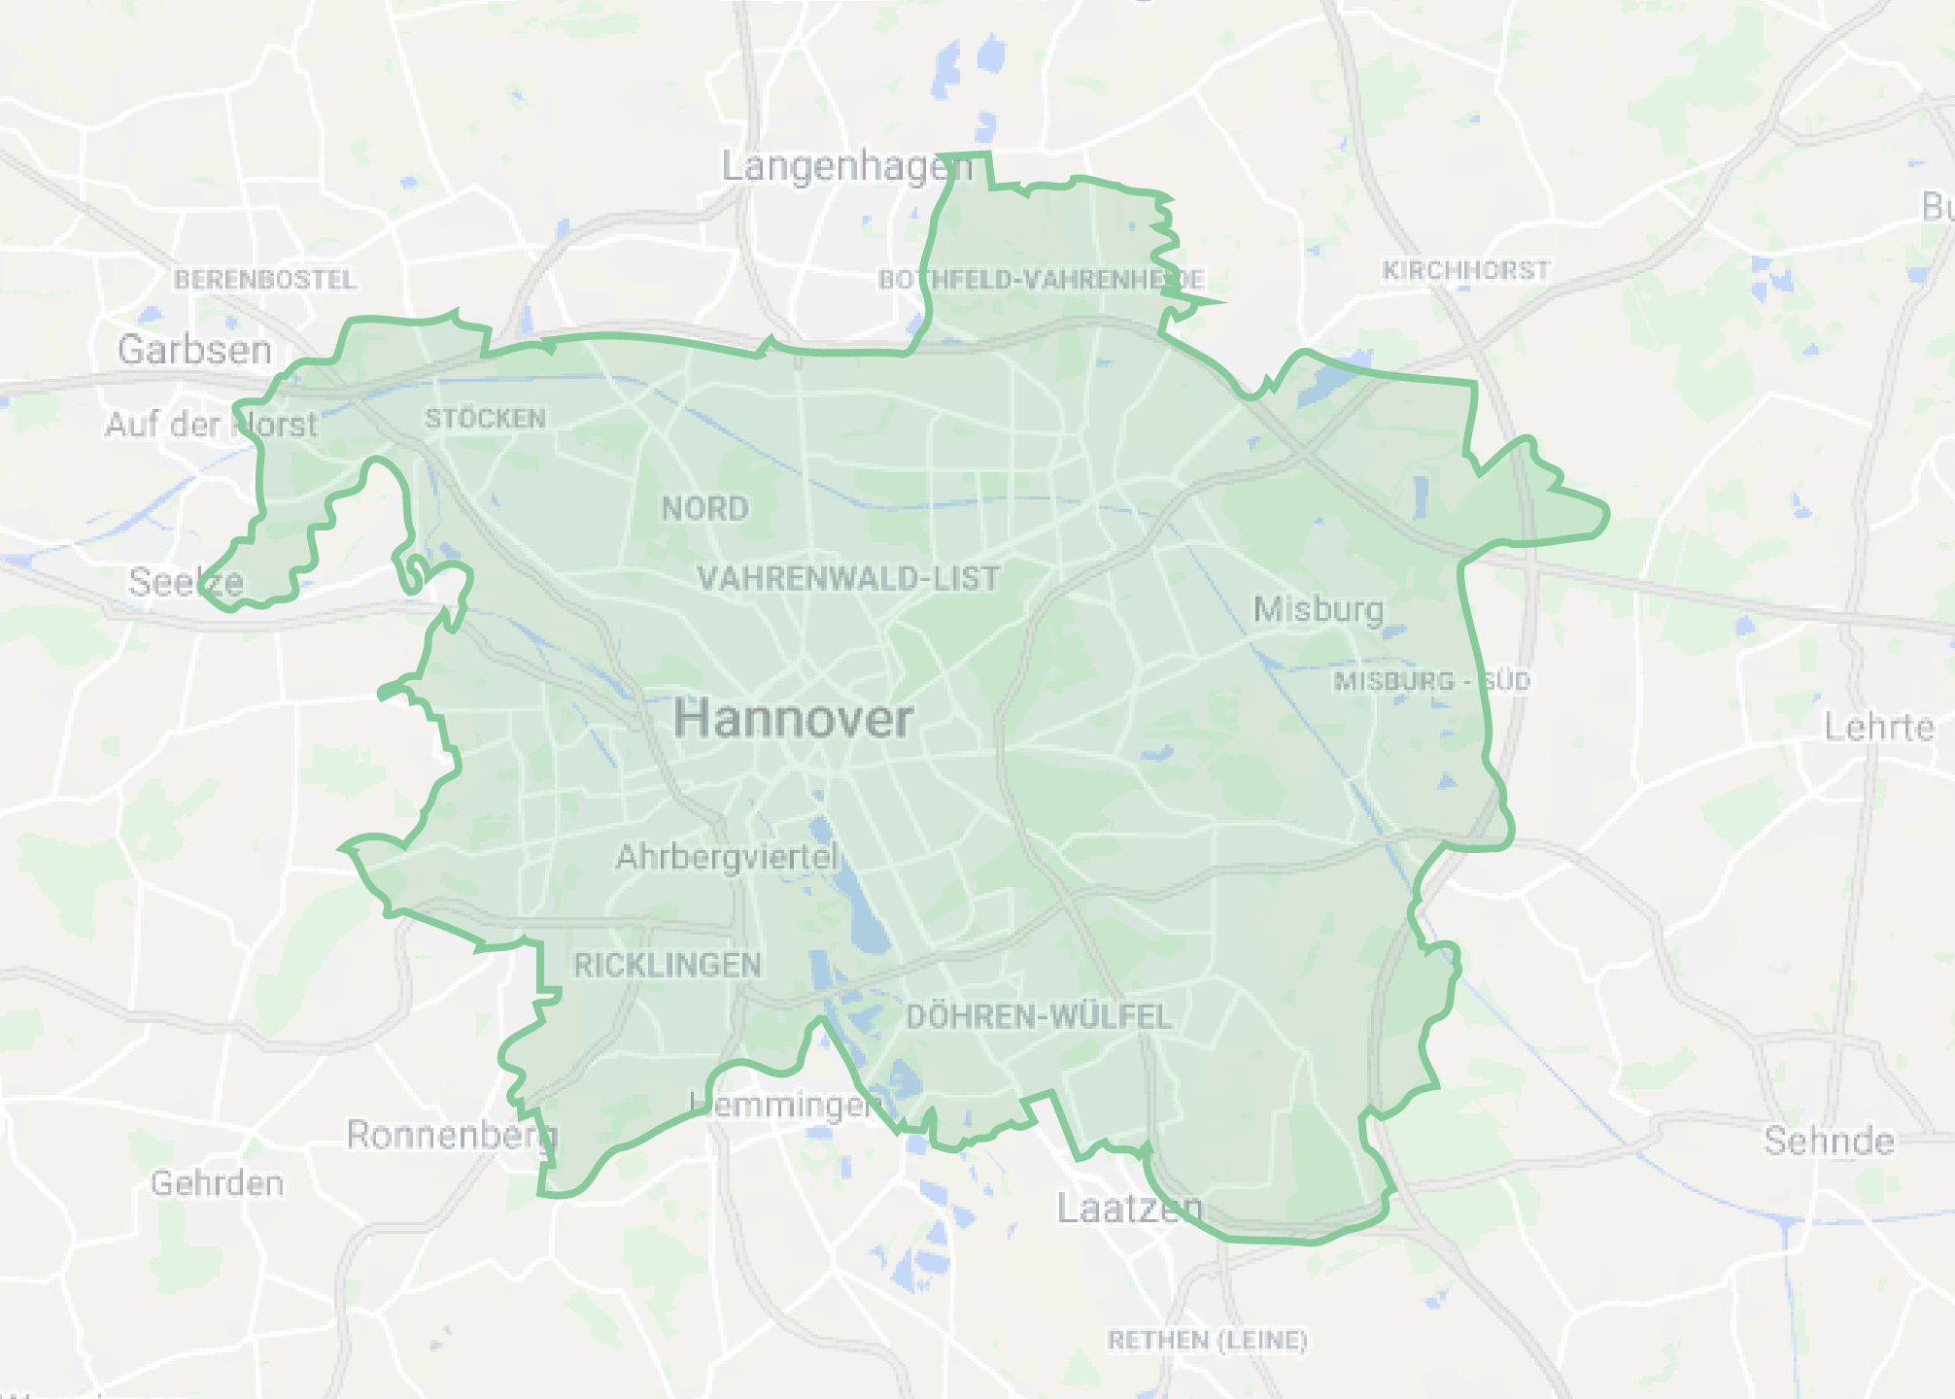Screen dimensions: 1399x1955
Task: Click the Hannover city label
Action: coord(793,720)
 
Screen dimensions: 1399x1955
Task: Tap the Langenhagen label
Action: coord(846,167)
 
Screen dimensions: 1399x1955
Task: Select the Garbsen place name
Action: coord(194,350)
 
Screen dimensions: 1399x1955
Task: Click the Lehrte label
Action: coord(1878,728)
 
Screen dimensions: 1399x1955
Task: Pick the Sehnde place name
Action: coord(1829,1141)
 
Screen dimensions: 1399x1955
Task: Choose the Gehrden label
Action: coord(218,1183)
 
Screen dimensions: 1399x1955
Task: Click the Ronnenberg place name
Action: coord(452,1135)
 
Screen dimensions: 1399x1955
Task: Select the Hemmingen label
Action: coord(786,1105)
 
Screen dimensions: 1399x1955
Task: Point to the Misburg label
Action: coord(1318,609)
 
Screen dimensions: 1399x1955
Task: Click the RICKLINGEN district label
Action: coord(668,966)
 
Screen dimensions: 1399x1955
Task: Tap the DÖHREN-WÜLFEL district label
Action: coord(1039,1017)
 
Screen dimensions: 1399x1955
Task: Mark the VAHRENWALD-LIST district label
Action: coord(848,579)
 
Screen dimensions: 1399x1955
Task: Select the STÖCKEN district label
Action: coord(485,419)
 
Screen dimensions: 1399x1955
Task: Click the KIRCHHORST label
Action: coord(1466,270)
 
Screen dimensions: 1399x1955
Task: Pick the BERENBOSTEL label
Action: coord(265,280)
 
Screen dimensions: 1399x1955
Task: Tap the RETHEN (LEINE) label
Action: coord(1207,1341)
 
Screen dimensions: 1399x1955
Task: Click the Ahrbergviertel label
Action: coord(727,857)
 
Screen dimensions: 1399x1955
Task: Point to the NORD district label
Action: coord(705,508)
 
